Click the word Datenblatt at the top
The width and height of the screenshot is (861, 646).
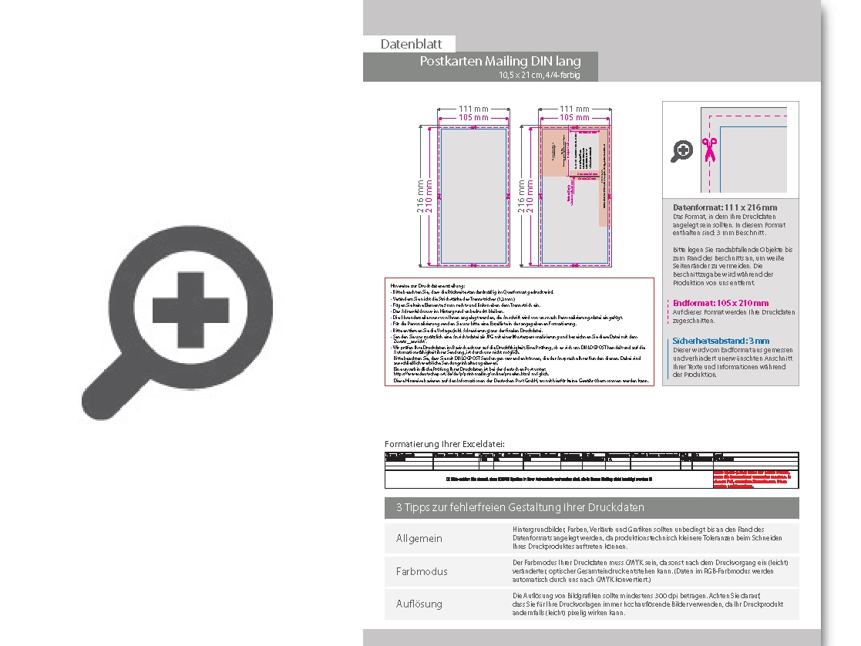click(411, 45)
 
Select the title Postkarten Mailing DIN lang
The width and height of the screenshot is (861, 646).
click(499, 61)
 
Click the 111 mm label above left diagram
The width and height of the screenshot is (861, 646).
click(473, 109)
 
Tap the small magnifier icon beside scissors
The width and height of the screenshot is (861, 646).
click(681, 151)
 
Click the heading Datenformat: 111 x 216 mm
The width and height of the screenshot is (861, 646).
click(725, 207)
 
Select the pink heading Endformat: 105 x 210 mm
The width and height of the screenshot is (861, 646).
click(720, 303)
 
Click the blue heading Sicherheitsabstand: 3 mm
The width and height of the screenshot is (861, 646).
click(721, 340)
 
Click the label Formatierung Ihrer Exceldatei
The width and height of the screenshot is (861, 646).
click(445, 444)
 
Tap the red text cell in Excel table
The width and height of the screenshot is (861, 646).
click(755, 478)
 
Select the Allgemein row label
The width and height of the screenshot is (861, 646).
click(419, 538)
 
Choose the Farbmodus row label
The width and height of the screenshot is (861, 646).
click(422, 571)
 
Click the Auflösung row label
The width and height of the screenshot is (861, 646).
click(419, 604)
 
